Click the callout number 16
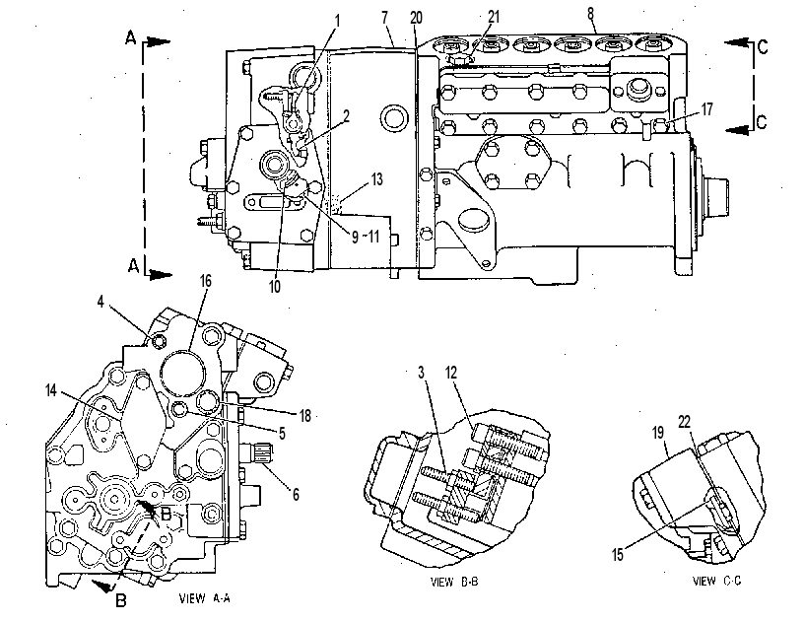point(206,281)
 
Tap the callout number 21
point(494,17)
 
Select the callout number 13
point(376,179)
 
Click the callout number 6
point(296,494)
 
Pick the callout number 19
point(658,433)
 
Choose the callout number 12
point(451,373)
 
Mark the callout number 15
point(618,554)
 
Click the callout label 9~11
point(366,237)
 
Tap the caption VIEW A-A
point(205,598)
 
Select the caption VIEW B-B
point(454,582)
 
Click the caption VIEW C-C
point(717,581)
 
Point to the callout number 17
point(707,109)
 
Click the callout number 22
point(685,422)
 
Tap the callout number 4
point(100,302)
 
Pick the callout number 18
point(305,415)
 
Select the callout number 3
point(422,373)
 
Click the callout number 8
point(591,14)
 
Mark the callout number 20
point(417,18)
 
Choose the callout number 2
point(347,116)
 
